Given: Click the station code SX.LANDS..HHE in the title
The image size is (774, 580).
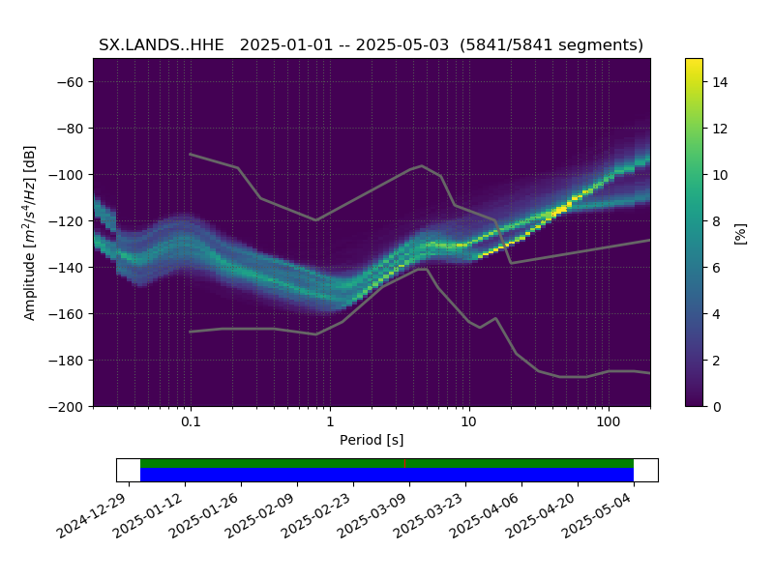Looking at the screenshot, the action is [x=162, y=44].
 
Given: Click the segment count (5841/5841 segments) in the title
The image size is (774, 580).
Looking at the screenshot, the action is [x=551, y=44].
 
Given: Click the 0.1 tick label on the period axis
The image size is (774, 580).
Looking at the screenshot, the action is [x=191, y=421].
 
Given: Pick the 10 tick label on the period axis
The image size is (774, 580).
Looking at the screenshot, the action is [x=469, y=421].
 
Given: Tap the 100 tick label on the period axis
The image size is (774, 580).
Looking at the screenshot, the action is [x=609, y=421].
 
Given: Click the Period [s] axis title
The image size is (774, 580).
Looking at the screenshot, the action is [x=372, y=440].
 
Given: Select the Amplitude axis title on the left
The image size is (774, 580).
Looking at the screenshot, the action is [x=30, y=233].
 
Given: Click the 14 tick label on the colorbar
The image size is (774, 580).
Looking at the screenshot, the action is [x=720, y=82].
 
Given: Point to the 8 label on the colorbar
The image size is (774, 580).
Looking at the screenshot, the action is [x=716, y=221].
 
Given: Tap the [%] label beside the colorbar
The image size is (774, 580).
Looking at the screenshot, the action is [x=740, y=234].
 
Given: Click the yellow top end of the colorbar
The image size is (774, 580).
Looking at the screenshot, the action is [x=694, y=61].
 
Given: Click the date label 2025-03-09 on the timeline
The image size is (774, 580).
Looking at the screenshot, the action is [x=375, y=515].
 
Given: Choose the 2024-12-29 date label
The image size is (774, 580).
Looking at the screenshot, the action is [x=95, y=515].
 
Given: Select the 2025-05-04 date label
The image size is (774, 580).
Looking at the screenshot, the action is [x=600, y=515].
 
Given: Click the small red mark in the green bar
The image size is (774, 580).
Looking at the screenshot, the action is [x=404, y=464].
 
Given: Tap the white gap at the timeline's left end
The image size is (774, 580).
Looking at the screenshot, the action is [x=129, y=470].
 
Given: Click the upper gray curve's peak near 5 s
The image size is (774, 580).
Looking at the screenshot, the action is [x=422, y=165].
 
